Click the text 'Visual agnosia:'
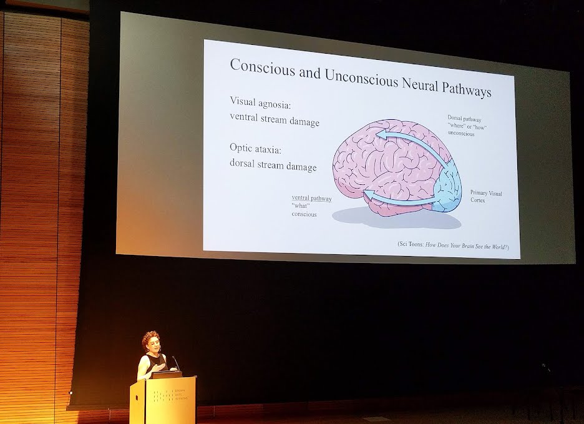(x=261, y=102)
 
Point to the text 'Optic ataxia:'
(x=256, y=149)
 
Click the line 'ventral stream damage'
(x=275, y=120)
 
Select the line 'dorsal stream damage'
(x=273, y=166)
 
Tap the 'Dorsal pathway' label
(x=464, y=119)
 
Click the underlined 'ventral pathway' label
(x=311, y=199)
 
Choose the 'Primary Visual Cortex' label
(x=485, y=197)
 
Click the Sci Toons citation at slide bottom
(x=453, y=246)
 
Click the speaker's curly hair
(x=151, y=339)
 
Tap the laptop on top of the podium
(x=166, y=375)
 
